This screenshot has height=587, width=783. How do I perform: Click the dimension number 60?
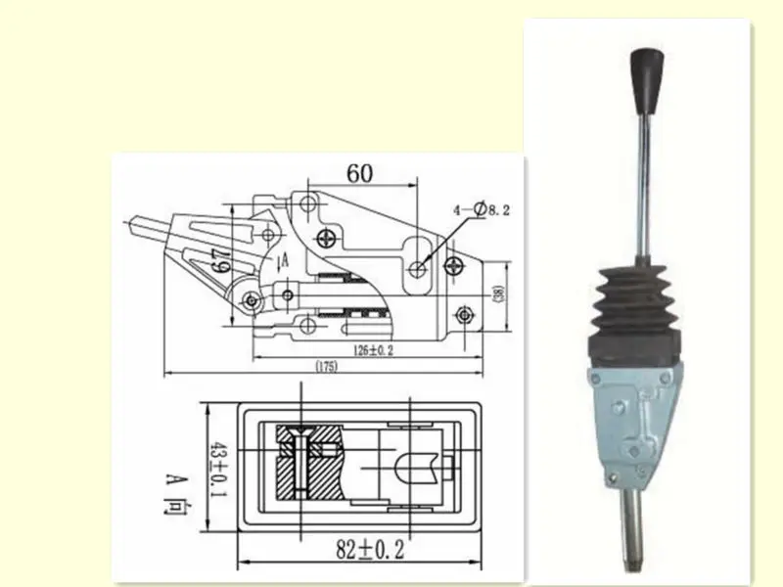[x=359, y=173]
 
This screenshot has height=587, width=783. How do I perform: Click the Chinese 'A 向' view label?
[x=175, y=496]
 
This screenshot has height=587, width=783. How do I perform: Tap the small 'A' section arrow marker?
[x=285, y=260]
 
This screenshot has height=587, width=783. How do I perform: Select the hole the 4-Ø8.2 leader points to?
[x=420, y=268]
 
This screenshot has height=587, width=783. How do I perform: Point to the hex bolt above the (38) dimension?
[x=466, y=314]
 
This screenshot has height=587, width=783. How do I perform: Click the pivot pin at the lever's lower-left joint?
[x=251, y=300]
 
